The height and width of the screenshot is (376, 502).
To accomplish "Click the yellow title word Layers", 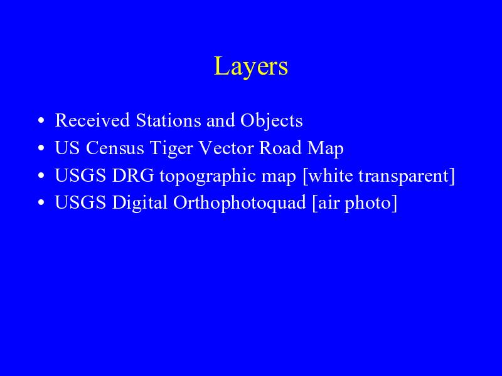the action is click(x=251, y=66).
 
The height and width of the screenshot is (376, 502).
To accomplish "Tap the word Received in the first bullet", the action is click(x=92, y=120).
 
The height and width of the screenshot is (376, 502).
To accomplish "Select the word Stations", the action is click(x=169, y=120).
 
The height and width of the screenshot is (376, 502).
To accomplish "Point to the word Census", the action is click(x=115, y=148).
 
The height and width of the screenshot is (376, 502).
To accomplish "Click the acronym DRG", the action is click(x=133, y=175).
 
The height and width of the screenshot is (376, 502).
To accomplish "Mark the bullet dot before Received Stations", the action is click(x=41, y=121).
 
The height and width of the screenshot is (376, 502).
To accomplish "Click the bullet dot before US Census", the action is click(x=41, y=149).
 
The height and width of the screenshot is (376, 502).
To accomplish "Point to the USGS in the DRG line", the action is click(x=80, y=175).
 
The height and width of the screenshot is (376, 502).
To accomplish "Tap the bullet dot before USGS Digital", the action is click(x=41, y=203).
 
